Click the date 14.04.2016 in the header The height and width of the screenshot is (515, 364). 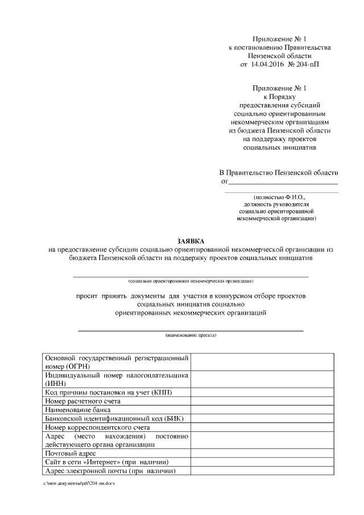[x=268, y=65]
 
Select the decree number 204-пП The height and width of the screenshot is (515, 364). [x=305, y=65]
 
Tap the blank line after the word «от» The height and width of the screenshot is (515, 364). [x=283, y=183]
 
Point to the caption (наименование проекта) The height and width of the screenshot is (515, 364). [x=191, y=335]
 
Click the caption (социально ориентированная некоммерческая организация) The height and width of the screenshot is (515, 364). [x=191, y=281]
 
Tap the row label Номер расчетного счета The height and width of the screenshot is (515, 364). [x=82, y=401]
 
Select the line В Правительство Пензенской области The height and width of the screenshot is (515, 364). [x=279, y=172]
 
